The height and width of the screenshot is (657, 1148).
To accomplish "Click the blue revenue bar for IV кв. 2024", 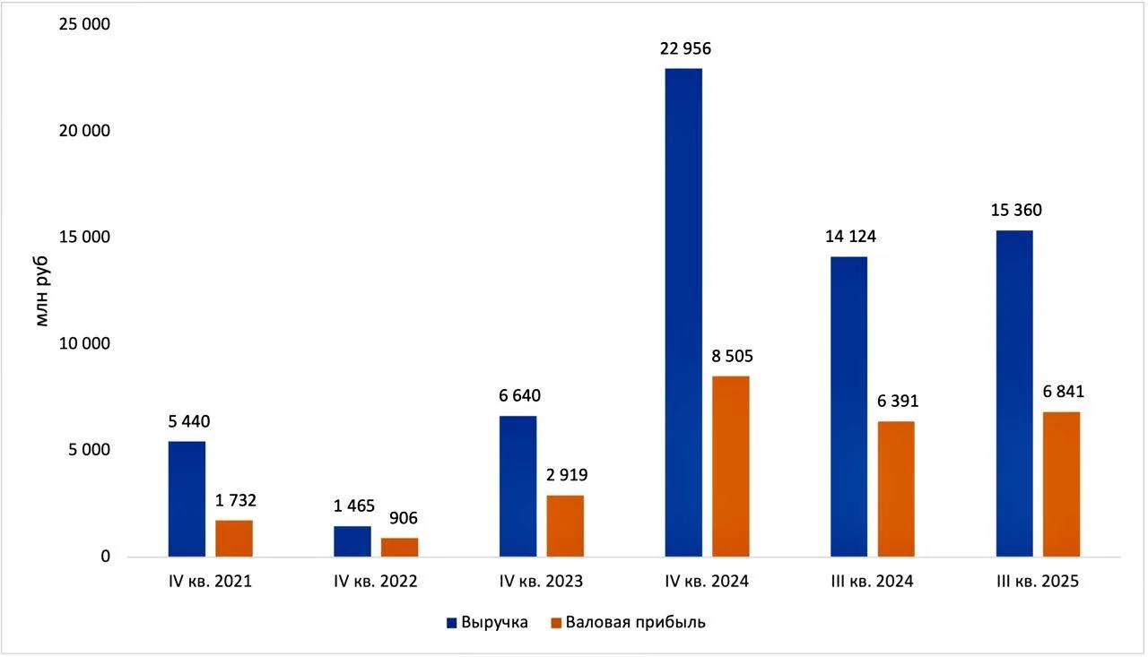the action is pos(683,313).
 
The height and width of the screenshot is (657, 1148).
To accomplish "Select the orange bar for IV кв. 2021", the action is pos(234,539).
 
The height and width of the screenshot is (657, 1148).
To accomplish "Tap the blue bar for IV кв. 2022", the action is pos(352,541).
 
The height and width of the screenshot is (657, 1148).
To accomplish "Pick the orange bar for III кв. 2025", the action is pos(1061,484).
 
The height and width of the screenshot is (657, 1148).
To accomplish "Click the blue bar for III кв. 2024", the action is pos(849,407).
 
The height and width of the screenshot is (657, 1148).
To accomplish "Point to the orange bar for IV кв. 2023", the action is pos(565,526).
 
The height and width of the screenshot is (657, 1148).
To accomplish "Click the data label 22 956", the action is pos(685,48).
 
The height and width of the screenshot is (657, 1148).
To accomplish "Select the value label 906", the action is pos(404,518).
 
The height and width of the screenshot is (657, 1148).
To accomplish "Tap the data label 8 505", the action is pos(732,357).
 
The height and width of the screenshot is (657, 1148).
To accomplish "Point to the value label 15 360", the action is pos(1016,211).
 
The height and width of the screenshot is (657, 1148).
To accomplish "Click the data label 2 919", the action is pos(567,475).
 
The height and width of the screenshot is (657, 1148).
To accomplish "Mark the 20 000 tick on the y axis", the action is pos(84,131).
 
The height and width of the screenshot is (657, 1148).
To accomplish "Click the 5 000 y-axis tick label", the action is pos(89,450).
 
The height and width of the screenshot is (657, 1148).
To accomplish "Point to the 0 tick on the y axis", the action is pos(106,557).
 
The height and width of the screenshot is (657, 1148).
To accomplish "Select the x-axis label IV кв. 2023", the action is pos(541,582).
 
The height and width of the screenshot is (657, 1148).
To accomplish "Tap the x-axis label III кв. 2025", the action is pos(1038,582).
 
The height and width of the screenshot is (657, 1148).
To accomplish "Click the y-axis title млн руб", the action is pos(42,291).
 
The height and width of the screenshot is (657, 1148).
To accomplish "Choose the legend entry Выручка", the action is pos(487,623).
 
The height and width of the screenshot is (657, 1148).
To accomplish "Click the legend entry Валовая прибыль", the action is pos(629,623).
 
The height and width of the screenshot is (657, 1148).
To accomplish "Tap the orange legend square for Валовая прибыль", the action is pos(556,623).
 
